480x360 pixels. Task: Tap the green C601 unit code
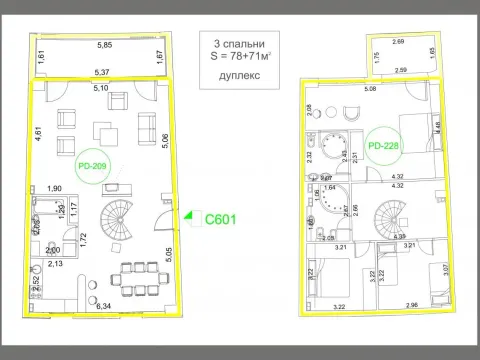(219, 219)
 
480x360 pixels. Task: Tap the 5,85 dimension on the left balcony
(104, 46)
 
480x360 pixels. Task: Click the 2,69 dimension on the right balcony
(399, 42)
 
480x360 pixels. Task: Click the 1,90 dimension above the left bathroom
(56, 188)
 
